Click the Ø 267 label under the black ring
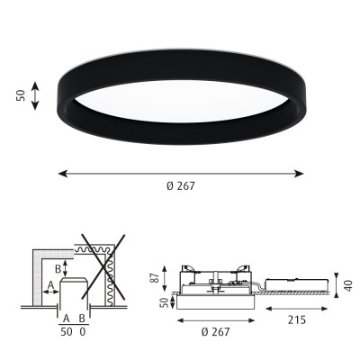181,186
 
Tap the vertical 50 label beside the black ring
21,95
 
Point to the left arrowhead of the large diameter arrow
63,174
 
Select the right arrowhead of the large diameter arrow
299,174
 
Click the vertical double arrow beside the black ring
35,95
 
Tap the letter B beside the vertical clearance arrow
58,269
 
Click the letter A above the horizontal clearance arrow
50,284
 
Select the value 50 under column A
67,332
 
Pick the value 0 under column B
83,332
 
